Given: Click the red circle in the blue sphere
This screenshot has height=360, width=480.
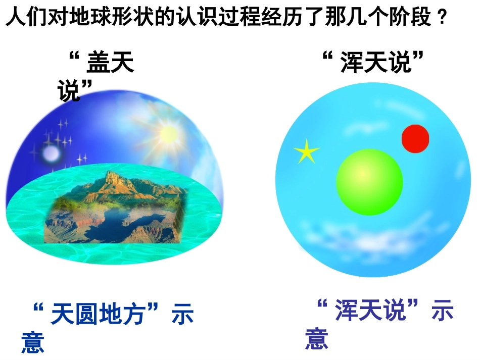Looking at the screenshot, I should coord(415,138).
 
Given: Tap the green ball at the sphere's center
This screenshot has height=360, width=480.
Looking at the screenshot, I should coord(369,182).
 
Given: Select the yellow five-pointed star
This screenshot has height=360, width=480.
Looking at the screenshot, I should coord(306,151).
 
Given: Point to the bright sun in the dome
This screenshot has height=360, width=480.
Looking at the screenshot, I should coord(168,134).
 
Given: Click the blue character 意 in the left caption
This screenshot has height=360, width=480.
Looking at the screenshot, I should coord(33,341).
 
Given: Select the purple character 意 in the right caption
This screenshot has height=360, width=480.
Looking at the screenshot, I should coord(317,338).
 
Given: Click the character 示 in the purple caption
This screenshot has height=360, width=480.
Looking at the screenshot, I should coord(442,311).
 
